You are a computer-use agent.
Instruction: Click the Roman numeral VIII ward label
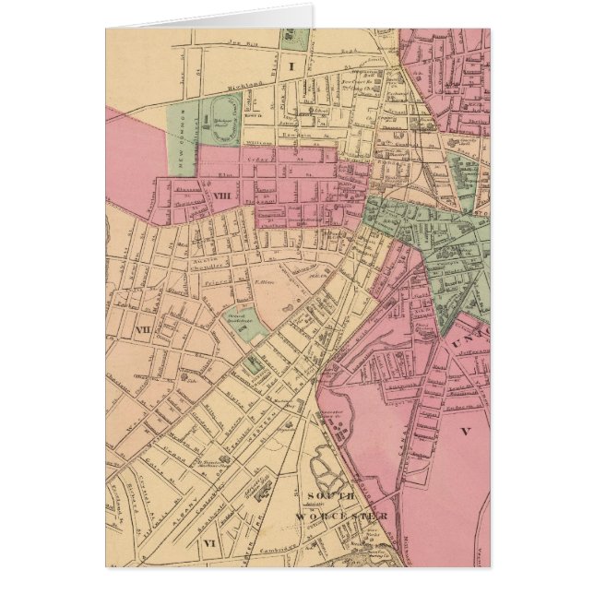221,196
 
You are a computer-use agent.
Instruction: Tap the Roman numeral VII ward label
142,329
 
